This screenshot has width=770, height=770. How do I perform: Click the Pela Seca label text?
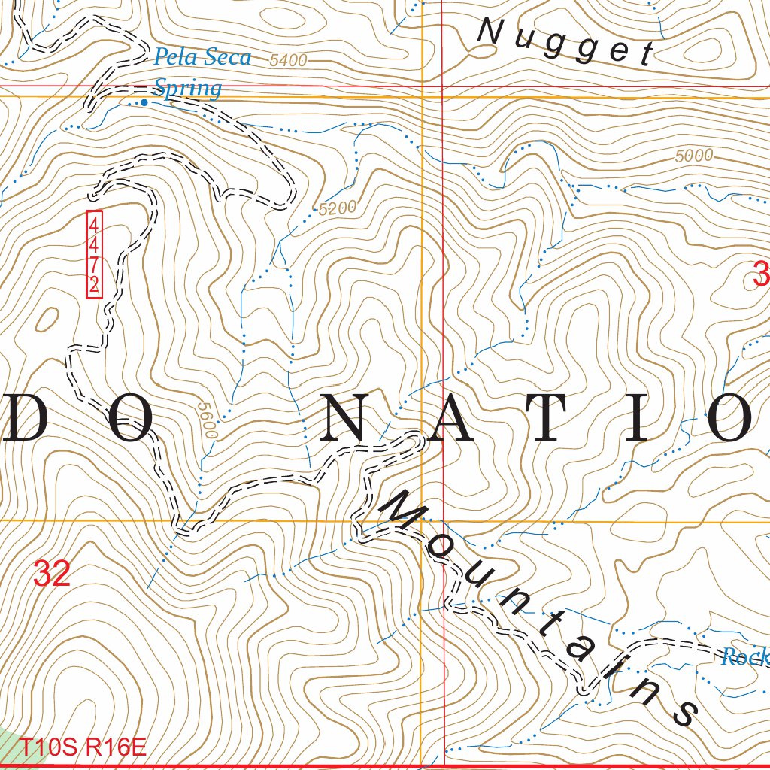pyautogui.click(x=202, y=58)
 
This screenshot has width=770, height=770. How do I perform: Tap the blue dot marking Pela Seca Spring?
pyautogui.click(x=144, y=102)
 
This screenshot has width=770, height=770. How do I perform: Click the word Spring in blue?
pyautogui.click(x=187, y=89)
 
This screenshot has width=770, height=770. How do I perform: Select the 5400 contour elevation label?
pyautogui.click(x=289, y=61)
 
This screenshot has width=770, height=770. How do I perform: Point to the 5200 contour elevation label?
pyautogui.click(x=337, y=208)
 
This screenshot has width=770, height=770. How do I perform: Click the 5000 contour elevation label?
pyautogui.click(x=693, y=156)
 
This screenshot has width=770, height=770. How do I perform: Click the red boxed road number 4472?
pyautogui.click(x=94, y=255)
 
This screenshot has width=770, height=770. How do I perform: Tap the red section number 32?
pyautogui.click(x=52, y=574)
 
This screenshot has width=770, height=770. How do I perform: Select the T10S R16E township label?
pyautogui.click(x=82, y=748)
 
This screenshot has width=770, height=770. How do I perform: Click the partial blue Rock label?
pyautogui.click(x=744, y=658)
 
